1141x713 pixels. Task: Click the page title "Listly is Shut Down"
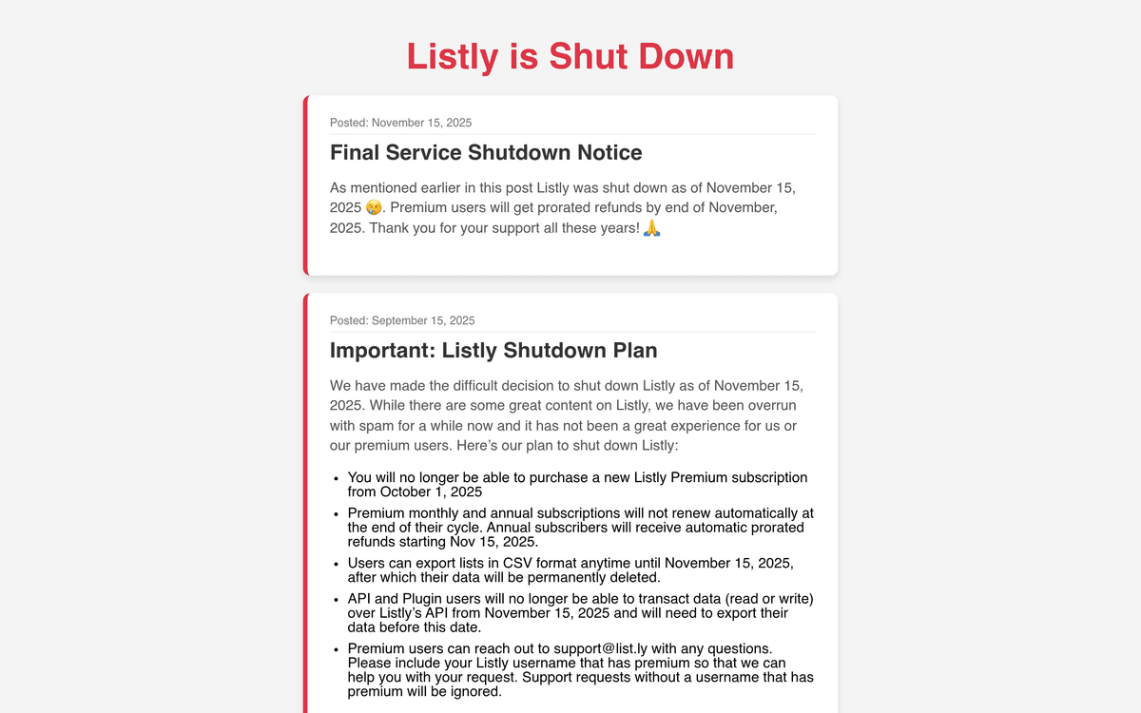click(570, 57)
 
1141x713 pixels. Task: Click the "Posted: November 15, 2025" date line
click(400, 123)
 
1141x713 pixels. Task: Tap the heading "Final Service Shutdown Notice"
click(486, 152)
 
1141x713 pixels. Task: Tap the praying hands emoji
click(652, 229)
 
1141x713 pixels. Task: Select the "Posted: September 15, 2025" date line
click(402, 320)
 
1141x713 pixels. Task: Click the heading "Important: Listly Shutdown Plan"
click(493, 350)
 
